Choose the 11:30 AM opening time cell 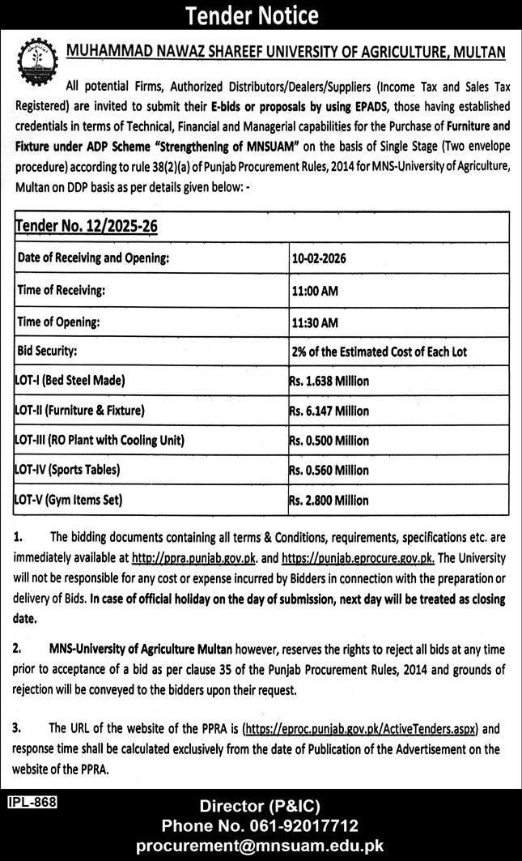tap(315, 322)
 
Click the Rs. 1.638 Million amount tap(329, 381)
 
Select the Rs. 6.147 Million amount tap(329, 411)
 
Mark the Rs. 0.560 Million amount tap(329, 470)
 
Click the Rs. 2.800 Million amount tap(329, 501)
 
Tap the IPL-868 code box tap(31, 802)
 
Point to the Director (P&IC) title tap(261, 806)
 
